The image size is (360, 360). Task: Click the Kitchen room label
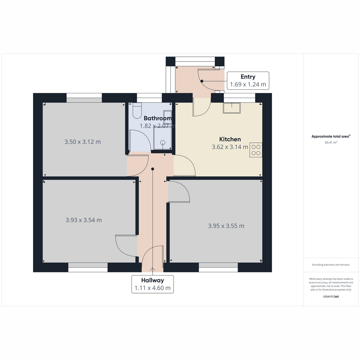point(230,139)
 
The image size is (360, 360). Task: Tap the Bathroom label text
point(158,118)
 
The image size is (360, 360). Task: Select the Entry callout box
point(248,80)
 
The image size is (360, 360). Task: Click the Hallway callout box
point(152,284)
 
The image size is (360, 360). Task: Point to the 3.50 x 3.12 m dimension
point(82,142)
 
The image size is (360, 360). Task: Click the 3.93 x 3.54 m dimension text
point(84,220)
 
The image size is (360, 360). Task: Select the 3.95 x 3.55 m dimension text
point(226,226)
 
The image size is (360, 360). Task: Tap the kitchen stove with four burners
point(256,150)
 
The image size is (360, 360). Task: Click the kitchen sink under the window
point(232,108)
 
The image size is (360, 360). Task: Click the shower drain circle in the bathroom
point(163,142)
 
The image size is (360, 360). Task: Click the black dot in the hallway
point(153,169)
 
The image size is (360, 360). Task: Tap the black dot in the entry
point(202,81)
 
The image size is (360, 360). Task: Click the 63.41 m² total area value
point(331,142)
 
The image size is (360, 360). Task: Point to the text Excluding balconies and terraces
point(331,265)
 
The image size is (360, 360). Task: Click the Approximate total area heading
point(331,136)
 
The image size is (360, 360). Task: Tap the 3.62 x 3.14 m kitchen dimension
point(230,147)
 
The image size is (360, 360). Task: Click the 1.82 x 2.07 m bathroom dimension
point(158,126)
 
